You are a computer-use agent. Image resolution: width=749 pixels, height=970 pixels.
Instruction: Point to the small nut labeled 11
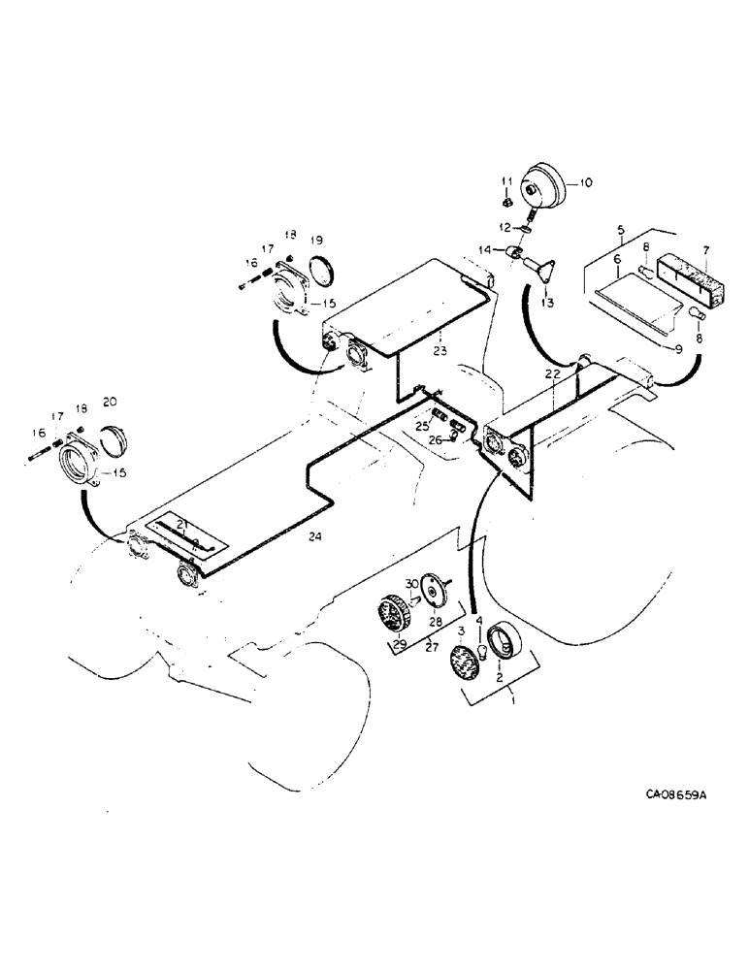click(x=505, y=203)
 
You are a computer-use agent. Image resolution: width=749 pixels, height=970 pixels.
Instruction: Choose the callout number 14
click(x=496, y=251)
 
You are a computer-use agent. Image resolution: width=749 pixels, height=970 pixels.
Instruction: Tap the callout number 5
click(x=619, y=232)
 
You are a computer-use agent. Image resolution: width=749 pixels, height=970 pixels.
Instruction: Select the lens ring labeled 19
click(x=322, y=269)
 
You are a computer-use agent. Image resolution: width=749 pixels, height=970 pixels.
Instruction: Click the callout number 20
click(x=110, y=401)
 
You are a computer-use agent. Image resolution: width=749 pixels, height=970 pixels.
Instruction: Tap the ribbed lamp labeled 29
click(x=393, y=614)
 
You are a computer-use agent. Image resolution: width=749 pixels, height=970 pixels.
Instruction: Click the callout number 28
click(x=435, y=621)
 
